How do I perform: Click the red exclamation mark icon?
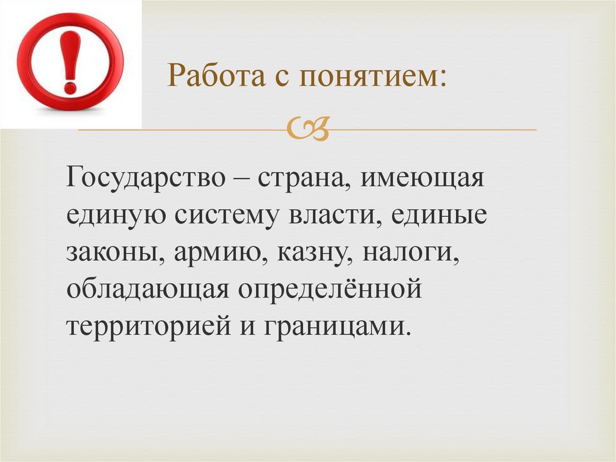[70, 63]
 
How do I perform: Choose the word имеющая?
[422, 179]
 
